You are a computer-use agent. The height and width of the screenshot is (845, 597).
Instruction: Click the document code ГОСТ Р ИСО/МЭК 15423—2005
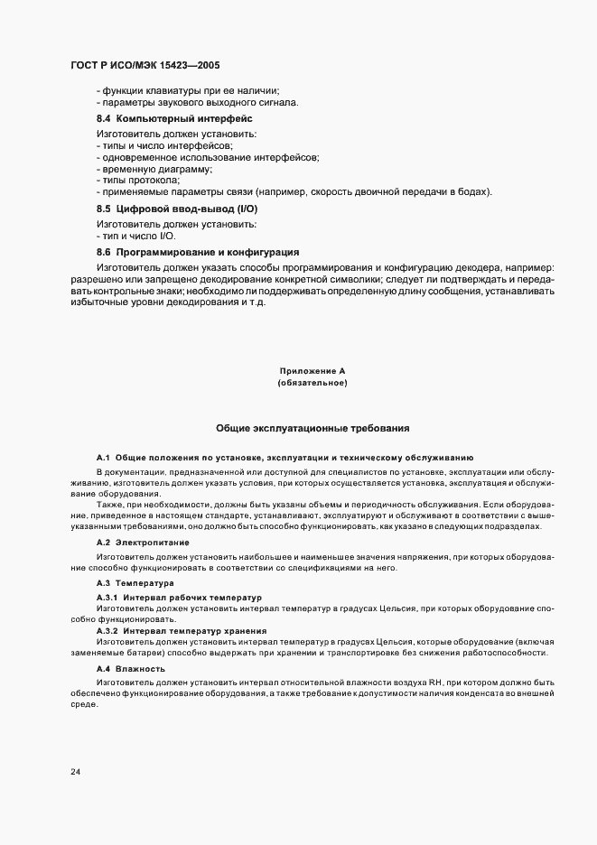(145, 66)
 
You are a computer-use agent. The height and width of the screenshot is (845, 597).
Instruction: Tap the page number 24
(75, 773)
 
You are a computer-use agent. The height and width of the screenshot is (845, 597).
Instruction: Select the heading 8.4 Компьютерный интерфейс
(174, 118)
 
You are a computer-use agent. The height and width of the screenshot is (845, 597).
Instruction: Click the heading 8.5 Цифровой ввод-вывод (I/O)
(170, 209)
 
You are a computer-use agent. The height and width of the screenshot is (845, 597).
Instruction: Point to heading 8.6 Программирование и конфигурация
(198, 252)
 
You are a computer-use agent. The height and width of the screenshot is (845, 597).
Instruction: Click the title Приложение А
(312, 371)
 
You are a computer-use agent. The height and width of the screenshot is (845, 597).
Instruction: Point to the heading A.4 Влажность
(130, 669)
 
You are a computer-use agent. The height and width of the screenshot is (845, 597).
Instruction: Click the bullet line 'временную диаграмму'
(155, 169)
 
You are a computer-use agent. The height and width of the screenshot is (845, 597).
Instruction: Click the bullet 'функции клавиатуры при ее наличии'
(188, 89)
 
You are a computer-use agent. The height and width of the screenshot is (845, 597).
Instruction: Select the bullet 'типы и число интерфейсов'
(165, 145)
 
